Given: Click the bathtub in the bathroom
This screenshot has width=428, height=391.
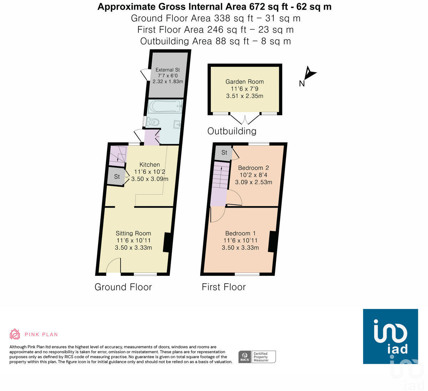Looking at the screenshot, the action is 165,106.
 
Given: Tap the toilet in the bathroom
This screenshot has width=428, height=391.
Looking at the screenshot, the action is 152,122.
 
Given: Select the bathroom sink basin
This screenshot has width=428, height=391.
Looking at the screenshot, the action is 177,124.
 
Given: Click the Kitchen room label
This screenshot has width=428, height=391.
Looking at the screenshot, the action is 149,164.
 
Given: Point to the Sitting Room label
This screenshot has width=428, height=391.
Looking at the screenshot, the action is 133,233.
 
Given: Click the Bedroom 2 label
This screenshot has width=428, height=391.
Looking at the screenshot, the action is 254,168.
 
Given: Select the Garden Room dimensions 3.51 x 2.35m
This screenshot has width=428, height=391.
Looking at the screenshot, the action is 245,96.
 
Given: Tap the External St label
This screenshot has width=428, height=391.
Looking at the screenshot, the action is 168,70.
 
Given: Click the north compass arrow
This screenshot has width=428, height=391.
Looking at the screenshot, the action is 310,73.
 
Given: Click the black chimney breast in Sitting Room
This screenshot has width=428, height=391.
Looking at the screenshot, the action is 168,243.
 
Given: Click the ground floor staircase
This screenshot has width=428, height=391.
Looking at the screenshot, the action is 118,156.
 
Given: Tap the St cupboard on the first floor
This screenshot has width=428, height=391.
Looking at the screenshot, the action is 224,153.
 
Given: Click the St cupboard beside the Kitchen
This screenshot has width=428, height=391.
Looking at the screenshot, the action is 116,176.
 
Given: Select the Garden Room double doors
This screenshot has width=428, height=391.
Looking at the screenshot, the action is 245,118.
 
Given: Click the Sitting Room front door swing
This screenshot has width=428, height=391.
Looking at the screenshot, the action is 113,265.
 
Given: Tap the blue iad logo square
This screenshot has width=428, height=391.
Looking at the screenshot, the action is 391,336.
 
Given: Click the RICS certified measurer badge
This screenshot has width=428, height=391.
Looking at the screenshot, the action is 257,357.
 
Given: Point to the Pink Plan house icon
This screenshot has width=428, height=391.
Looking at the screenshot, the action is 15,334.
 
